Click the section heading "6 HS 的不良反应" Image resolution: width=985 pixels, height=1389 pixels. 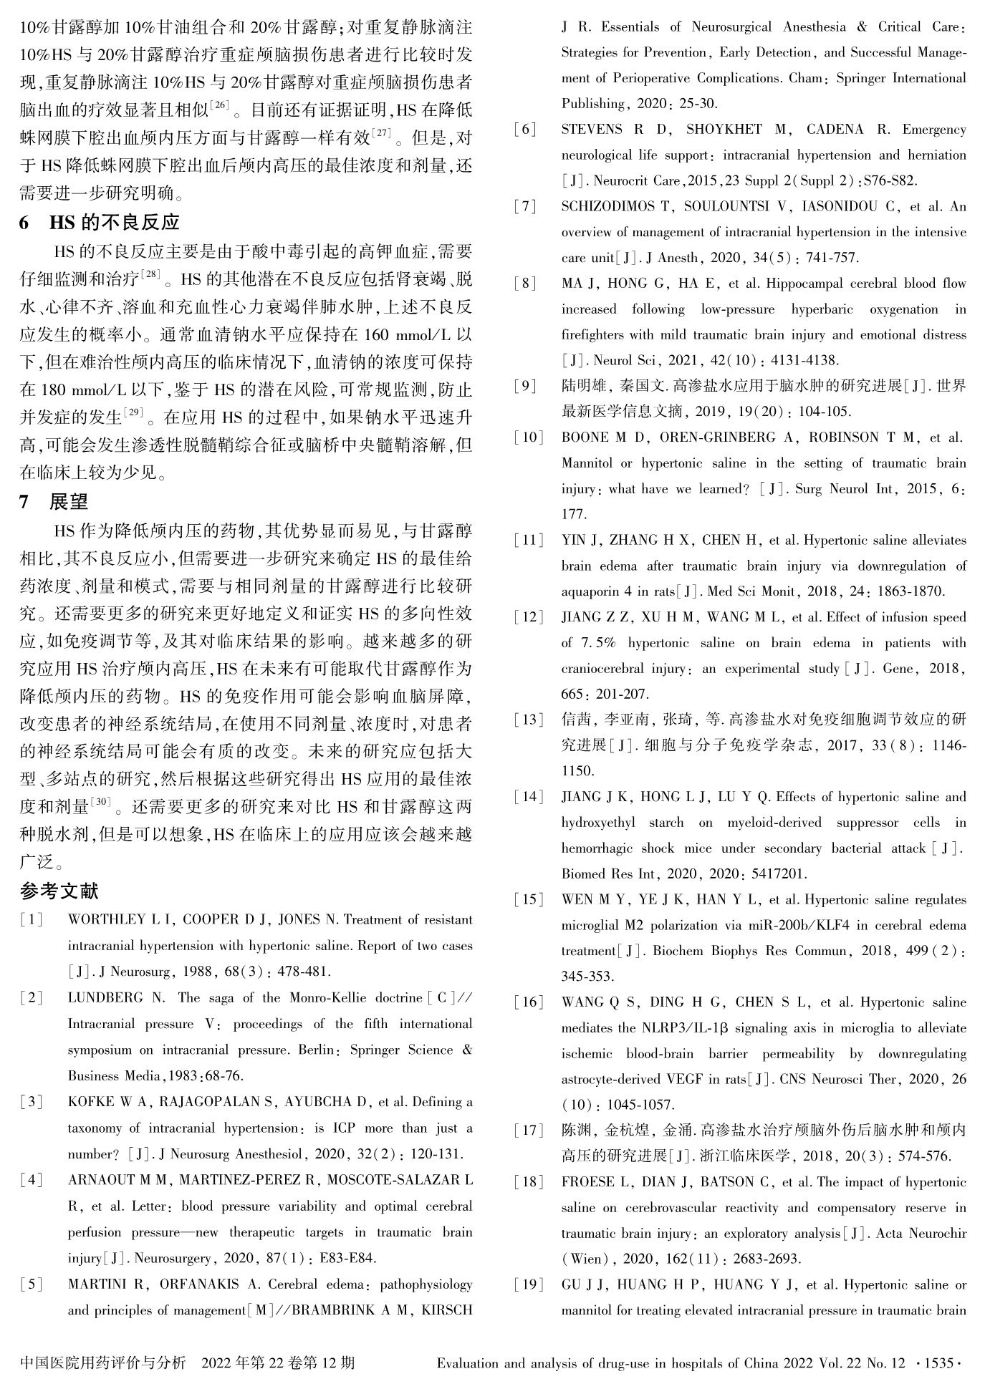pyautogui.click(x=100, y=223)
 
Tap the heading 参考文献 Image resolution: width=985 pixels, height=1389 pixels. pyautogui.click(x=59, y=891)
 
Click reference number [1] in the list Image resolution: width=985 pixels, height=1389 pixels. pyautogui.click(x=32, y=920)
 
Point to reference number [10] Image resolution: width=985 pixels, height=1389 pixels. pyautogui.click(x=528, y=437)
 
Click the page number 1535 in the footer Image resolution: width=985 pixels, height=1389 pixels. pyautogui.click(x=938, y=1363)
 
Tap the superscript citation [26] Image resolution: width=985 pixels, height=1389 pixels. pyautogui.click(x=218, y=106)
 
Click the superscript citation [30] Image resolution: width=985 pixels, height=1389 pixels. pyautogui.click(x=101, y=803)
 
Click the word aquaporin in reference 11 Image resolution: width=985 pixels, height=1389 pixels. pyautogui.click(x=591, y=592)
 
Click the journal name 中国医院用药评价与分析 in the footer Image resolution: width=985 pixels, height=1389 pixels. pyautogui.click(x=103, y=1363)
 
